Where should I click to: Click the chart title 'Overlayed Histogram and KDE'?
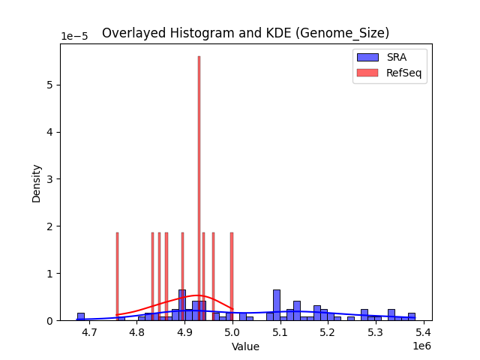point(245,33)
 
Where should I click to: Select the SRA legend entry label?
point(396,57)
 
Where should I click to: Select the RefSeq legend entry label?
point(403,72)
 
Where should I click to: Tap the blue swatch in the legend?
point(367,57)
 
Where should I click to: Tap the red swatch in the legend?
point(367,72)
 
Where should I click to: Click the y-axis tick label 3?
point(50,179)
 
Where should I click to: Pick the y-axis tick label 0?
point(50,321)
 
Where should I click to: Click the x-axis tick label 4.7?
point(89,332)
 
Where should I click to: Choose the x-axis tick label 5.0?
point(232,332)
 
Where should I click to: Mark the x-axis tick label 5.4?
point(423,332)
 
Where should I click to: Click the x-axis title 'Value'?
point(245,346)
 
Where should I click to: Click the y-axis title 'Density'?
point(36,182)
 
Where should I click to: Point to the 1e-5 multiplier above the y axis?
point(73,37)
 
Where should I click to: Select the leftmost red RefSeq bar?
point(117,277)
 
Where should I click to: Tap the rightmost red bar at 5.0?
point(232,277)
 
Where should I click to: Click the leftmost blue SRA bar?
point(80,316)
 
